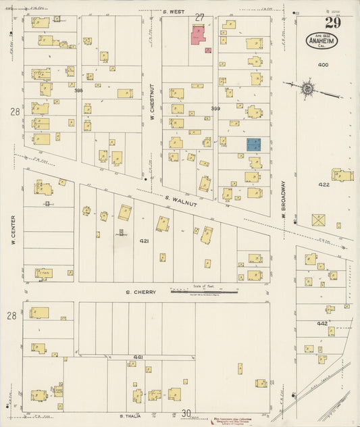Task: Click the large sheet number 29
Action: click(x=332, y=22)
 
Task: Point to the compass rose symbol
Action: click(x=307, y=88)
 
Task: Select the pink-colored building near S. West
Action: click(x=199, y=35)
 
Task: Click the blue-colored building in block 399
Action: click(x=253, y=144)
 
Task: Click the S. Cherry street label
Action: click(x=141, y=293)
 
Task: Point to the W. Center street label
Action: click(x=13, y=230)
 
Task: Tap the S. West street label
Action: click(x=174, y=11)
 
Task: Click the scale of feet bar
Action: click(x=204, y=292)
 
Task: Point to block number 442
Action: click(x=323, y=324)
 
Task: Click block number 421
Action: click(x=144, y=241)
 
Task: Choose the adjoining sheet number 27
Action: click(x=199, y=16)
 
